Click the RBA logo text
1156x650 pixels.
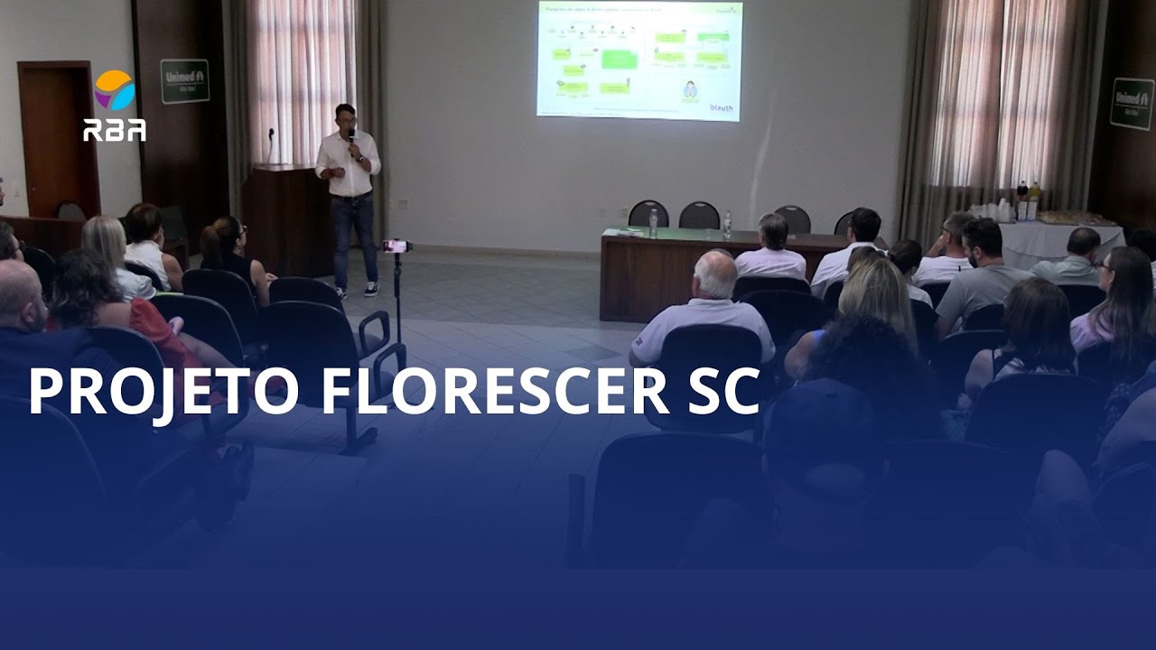(115, 130)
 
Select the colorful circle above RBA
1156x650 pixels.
(115, 90)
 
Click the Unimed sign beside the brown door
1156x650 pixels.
(184, 81)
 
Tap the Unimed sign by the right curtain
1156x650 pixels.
(1132, 103)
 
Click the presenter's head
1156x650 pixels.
(345, 117)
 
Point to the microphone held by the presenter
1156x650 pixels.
(351, 141)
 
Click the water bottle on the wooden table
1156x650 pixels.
(652, 223)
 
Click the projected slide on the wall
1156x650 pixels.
(639, 60)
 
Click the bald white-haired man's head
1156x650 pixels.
(716, 273)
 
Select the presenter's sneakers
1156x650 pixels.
(355, 290)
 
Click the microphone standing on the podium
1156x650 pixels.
(270, 144)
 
